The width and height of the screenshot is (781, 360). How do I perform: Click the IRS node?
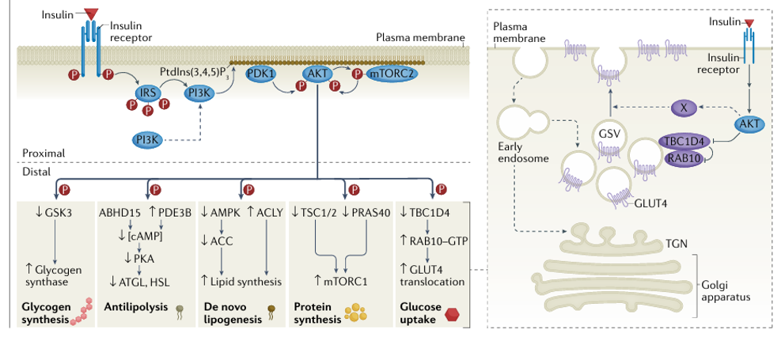coord(146,93)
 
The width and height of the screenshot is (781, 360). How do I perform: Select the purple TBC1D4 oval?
coord(681,141)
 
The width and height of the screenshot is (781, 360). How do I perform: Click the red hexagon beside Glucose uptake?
coord(452,313)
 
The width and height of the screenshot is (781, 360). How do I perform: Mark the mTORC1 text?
coord(340,281)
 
